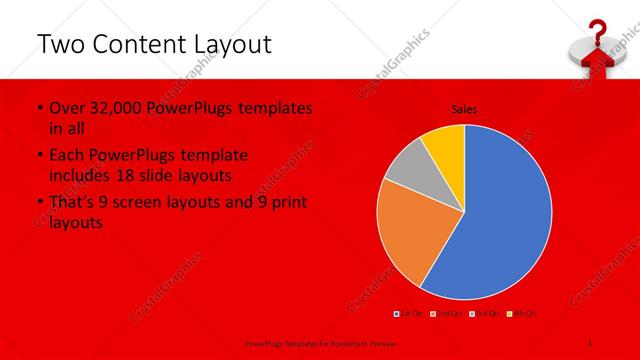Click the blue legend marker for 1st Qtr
397,314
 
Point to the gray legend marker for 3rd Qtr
469,314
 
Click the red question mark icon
597,31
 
